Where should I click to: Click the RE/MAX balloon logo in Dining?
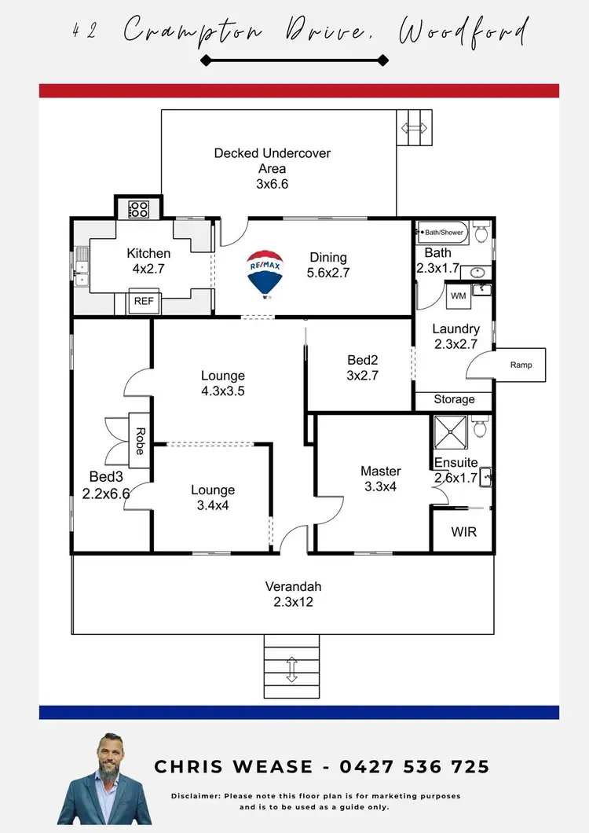pos(266,273)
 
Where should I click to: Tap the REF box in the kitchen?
pos(143,301)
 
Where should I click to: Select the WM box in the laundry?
pos(458,296)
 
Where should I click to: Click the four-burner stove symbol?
pos(139,209)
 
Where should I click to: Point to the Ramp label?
pos(521,365)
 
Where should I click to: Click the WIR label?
pos(463,532)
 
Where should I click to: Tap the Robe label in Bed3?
pos(140,441)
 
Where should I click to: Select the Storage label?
pos(454,399)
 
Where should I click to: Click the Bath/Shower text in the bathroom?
pos(444,233)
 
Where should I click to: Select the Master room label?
pos(381,472)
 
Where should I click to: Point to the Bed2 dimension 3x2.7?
pos(363,375)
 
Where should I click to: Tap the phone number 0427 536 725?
pos(415,767)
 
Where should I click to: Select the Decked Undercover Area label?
pos(273,160)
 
